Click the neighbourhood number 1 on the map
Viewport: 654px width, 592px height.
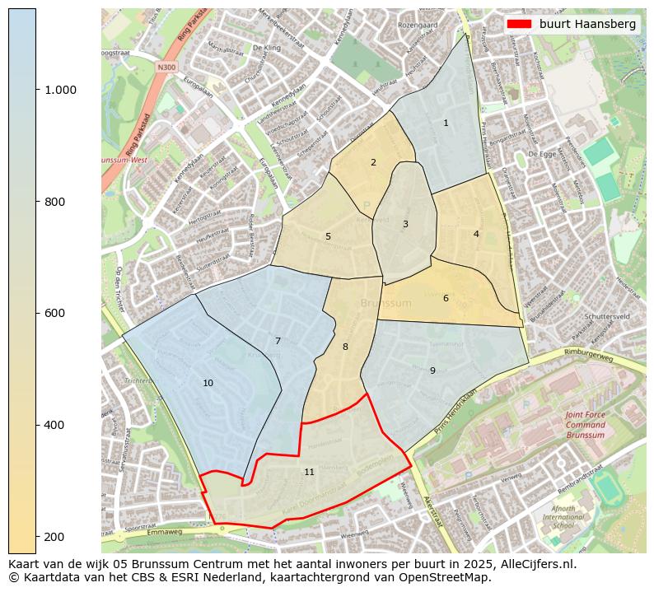point(446,124)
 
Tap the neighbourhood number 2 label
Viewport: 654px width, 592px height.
point(373,163)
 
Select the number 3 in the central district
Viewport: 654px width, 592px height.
point(405,225)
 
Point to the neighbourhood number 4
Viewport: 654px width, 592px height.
point(476,235)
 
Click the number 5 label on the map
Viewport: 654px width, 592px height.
point(328,237)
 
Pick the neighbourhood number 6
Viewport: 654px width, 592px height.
point(446,299)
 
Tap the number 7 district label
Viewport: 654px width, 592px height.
point(278,342)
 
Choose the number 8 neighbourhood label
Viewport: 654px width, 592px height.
point(345,347)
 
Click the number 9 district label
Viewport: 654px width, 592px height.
point(432,371)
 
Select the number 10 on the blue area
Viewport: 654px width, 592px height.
point(208,384)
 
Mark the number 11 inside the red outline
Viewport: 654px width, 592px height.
point(309,473)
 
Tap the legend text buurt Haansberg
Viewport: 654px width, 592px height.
point(587,25)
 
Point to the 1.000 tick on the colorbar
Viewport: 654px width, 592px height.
point(60,90)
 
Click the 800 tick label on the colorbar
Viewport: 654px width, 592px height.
point(56,202)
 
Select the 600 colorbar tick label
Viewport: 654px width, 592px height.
point(56,314)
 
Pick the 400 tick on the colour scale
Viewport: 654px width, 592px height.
point(56,425)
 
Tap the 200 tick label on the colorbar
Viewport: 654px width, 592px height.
point(56,537)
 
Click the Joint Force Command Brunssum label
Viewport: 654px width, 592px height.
point(585,425)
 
